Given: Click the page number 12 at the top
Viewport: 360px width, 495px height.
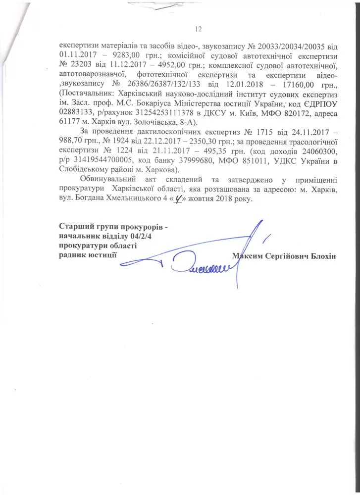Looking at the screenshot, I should pyautogui.click(x=199, y=28).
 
